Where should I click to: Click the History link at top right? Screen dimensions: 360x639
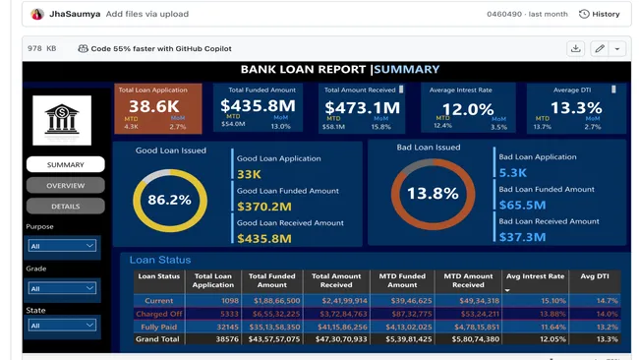coord(600,14)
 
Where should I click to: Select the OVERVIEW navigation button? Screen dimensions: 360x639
coord(65,185)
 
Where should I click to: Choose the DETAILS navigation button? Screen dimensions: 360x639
coord(65,207)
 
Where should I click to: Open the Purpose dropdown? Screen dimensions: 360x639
coord(62,246)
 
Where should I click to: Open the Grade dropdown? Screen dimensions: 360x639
coord(62,288)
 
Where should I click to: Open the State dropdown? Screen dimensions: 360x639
coord(62,325)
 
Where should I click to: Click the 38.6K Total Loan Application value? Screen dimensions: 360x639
coord(153,106)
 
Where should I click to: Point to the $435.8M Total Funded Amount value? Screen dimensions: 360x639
coord(258,106)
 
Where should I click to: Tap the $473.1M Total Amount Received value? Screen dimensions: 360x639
coord(362,107)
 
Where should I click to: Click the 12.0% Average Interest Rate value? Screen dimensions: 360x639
coord(467,108)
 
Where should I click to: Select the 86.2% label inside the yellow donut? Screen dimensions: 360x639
coord(169,200)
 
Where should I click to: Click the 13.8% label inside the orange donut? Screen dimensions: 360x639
coord(433,194)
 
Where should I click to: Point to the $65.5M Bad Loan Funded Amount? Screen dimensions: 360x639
coord(522,205)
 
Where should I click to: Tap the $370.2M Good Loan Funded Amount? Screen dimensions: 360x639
coord(263,207)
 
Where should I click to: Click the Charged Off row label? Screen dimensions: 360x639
coord(158,314)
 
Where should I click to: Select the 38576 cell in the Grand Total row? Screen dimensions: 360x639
coord(226,339)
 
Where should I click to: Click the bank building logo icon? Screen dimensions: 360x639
coord(61,120)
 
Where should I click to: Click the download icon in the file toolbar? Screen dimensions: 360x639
coord(575,48)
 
